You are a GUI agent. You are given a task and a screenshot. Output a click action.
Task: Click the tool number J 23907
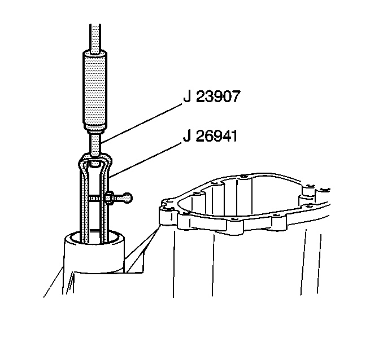(x=212, y=96)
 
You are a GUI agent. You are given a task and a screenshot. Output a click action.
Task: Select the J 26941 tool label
(x=210, y=136)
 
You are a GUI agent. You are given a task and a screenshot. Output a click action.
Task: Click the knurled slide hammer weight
(x=94, y=90)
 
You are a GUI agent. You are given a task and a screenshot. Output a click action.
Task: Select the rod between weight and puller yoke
(x=95, y=143)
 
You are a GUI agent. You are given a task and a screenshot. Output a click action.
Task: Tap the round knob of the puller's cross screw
(x=128, y=197)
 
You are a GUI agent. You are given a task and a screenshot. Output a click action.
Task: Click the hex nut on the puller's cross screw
(x=108, y=197)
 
